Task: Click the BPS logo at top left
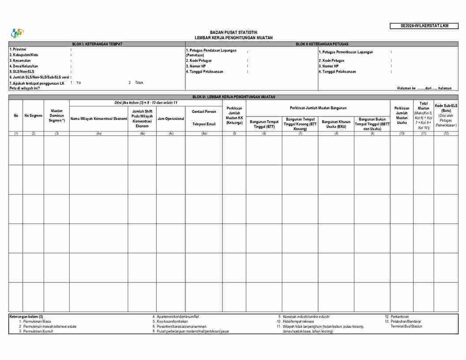coord(18,33)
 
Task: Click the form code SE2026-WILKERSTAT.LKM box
coord(424,26)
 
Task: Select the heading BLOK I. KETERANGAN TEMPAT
coord(97,44)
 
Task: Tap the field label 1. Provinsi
coord(18,49)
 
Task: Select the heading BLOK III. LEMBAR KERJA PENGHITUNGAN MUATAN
coord(233,97)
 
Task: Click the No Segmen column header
coord(33,116)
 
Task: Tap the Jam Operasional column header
coord(171,119)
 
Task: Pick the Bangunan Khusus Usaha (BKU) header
coord(336,124)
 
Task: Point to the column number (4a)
coord(98,133)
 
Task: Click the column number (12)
coord(446,133)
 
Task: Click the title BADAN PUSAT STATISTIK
coord(233,33)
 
